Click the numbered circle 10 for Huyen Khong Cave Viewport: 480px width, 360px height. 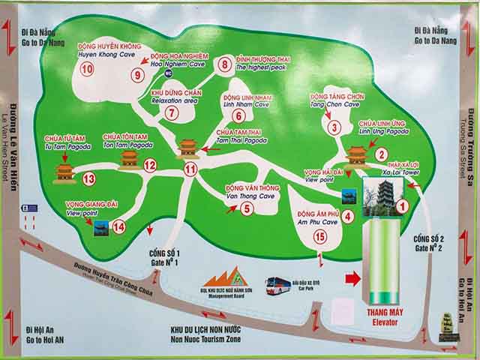(x=87, y=70)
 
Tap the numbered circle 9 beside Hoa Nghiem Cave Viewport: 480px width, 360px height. (x=137, y=74)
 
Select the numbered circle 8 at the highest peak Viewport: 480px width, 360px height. (x=224, y=64)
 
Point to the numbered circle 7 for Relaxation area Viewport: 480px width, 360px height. (x=172, y=114)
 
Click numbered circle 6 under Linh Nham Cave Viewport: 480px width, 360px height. (x=238, y=115)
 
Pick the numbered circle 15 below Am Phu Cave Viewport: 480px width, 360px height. (x=320, y=237)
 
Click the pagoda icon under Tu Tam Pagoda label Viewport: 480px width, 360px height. (x=66, y=172)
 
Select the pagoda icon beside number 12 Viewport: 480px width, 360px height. (x=130, y=157)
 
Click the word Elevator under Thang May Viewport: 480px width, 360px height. (x=382, y=323)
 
